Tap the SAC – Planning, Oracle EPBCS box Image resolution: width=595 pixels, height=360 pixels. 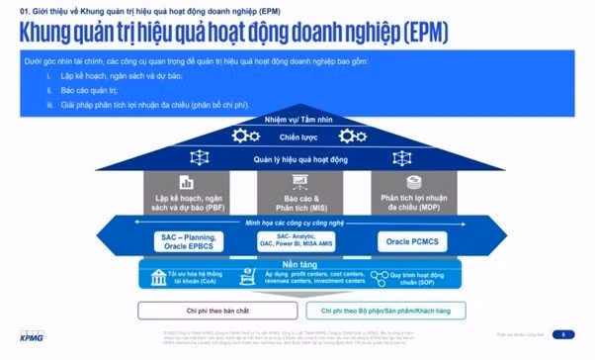tap(189, 241)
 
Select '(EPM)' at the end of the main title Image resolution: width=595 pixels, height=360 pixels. tap(416, 32)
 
